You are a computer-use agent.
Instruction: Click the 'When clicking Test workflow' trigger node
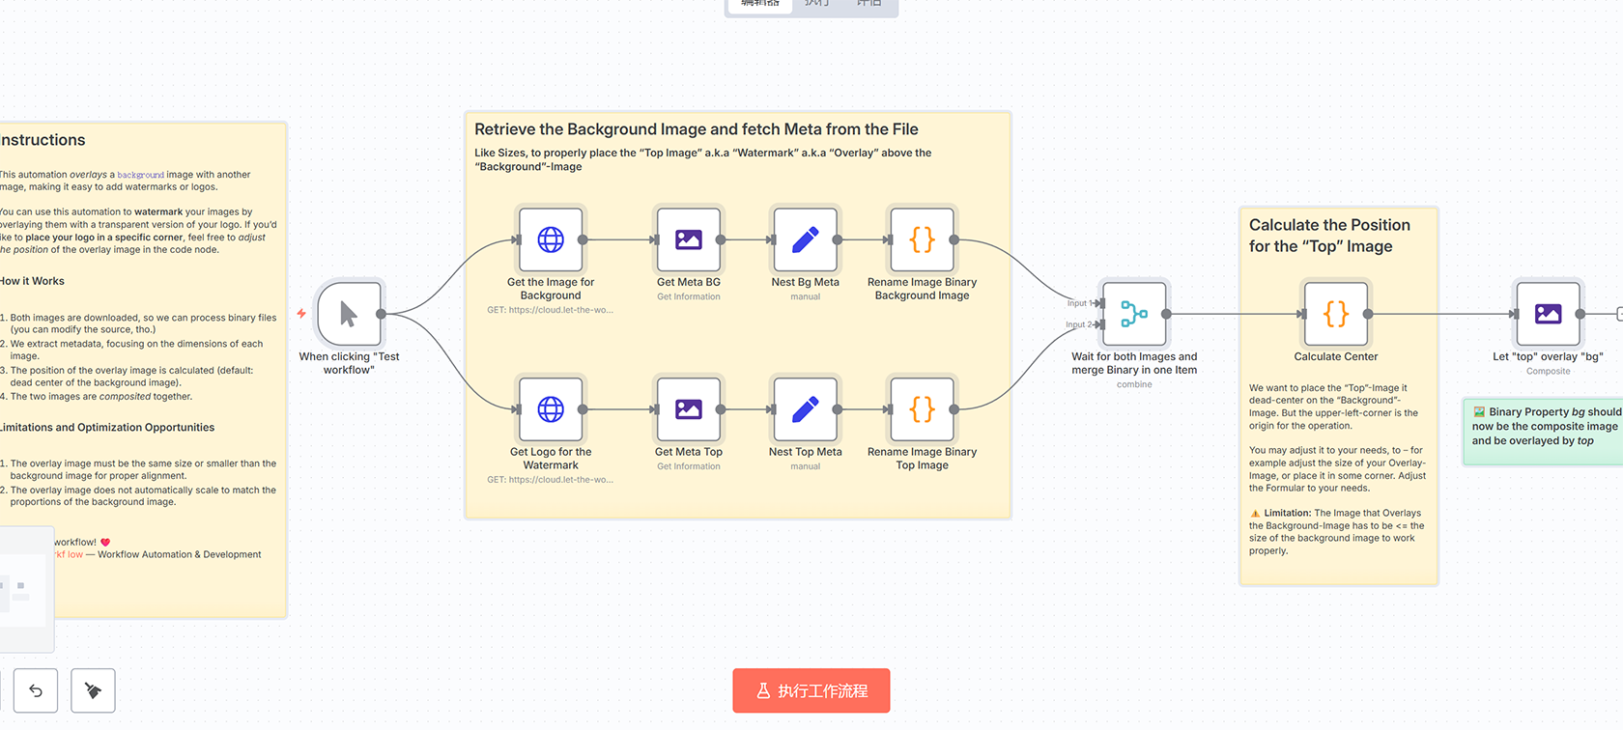349,314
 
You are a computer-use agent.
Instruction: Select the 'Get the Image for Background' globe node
551,239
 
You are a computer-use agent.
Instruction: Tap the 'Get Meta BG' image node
689,239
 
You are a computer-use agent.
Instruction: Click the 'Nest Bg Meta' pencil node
806,239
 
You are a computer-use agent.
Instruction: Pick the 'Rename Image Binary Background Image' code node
923,239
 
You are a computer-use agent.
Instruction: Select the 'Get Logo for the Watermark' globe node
551,409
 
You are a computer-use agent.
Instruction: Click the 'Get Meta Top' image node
689,409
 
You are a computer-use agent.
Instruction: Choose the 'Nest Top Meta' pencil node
806,409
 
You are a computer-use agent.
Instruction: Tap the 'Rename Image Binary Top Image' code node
923,409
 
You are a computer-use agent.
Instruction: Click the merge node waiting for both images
1134,314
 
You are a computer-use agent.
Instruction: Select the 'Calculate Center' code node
1336,314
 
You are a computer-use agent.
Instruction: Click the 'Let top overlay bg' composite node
1548,314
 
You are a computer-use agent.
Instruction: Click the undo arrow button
36,690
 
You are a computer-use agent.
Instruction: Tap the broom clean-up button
94,690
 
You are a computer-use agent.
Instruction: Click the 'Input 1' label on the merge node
1077,303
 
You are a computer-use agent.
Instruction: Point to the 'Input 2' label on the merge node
1077,324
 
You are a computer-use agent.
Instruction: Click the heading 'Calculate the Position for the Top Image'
1329,236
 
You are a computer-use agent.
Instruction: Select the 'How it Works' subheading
33,281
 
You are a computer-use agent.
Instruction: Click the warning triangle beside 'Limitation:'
1255,514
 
